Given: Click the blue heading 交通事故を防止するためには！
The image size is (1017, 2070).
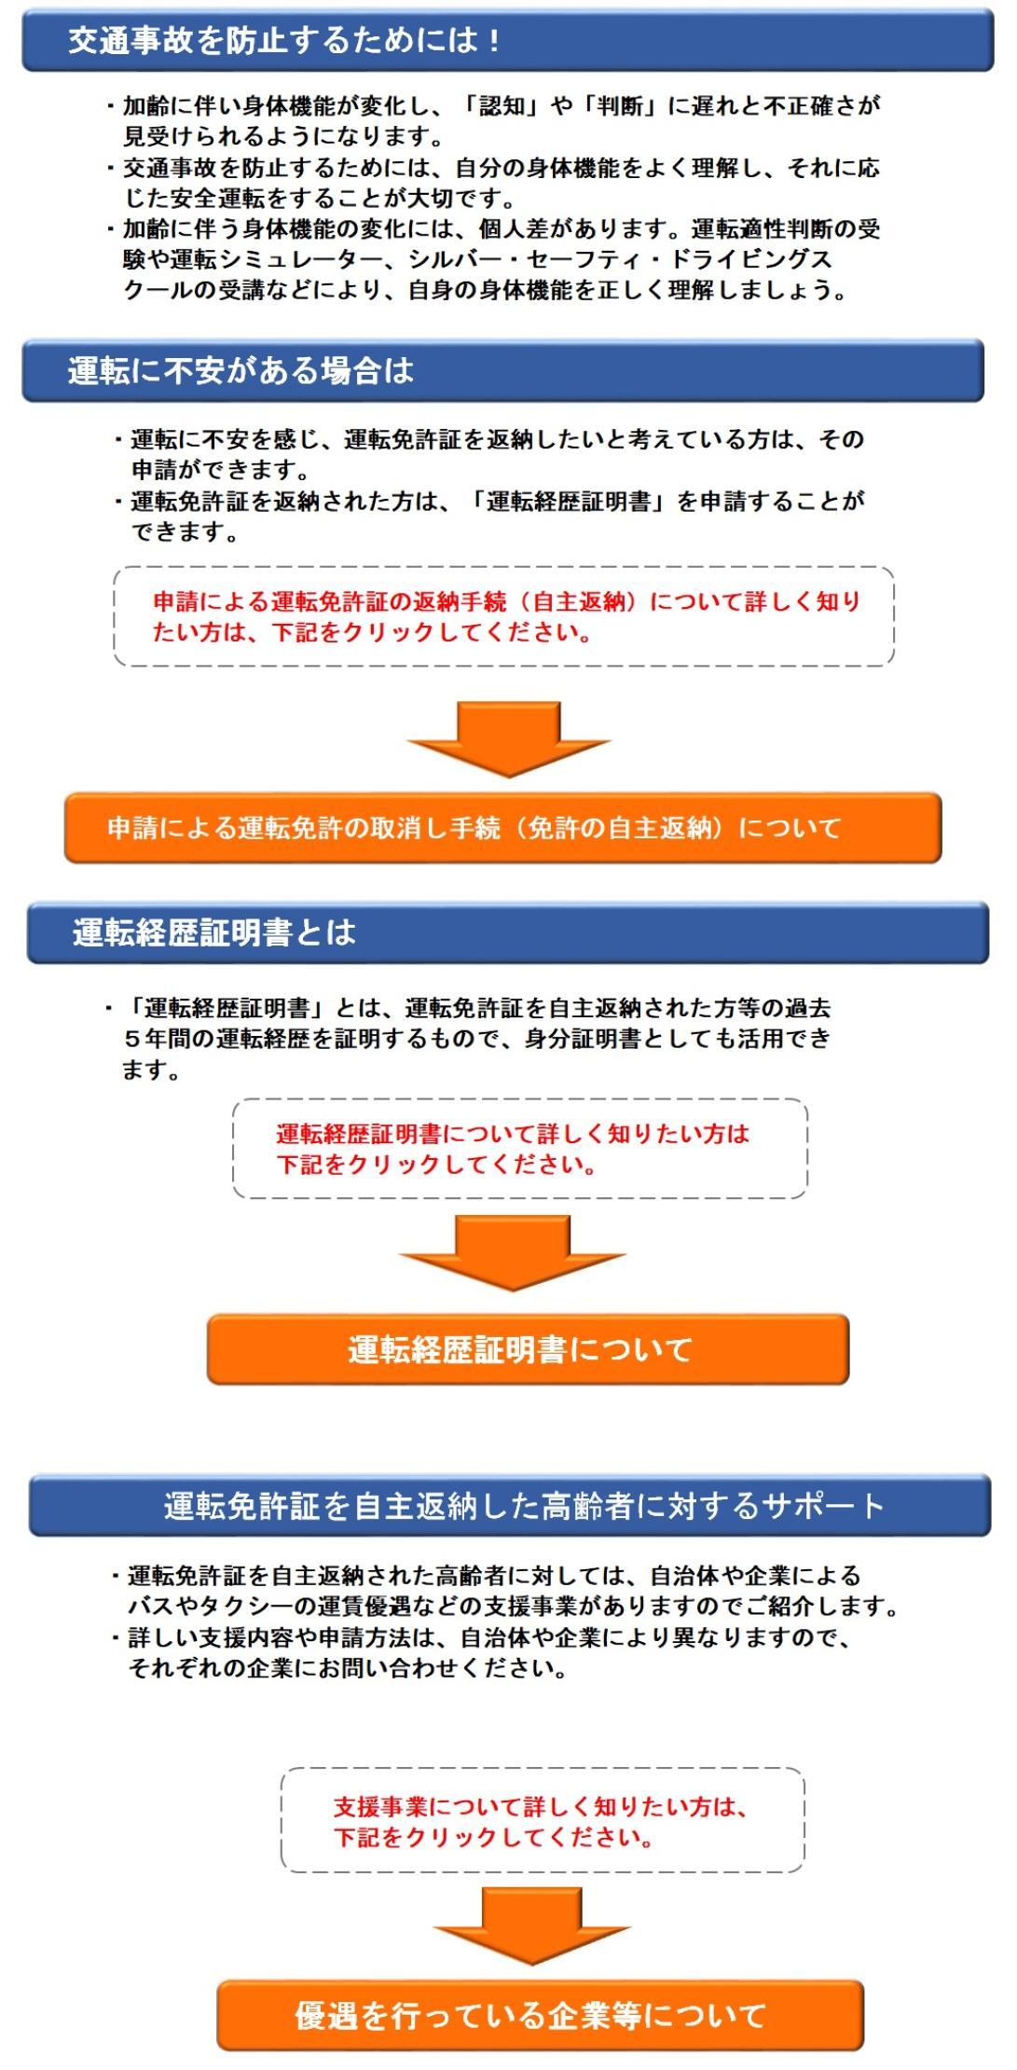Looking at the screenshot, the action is point(507,40).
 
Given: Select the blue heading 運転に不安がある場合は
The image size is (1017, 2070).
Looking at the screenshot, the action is point(502,370).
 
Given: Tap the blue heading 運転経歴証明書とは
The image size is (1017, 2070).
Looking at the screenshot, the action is point(507,931).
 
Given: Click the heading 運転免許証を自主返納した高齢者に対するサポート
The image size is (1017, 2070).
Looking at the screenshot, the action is point(509,1505).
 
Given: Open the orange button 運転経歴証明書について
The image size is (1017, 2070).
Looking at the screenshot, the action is point(528,1349).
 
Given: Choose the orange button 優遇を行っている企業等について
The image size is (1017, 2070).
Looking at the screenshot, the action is point(540,2015).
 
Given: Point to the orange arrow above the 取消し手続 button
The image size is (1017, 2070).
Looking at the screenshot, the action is point(509,738).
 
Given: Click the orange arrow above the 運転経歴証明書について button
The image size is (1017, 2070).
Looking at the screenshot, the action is point(512,1252).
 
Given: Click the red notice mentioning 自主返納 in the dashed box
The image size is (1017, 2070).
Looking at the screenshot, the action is point(506,616).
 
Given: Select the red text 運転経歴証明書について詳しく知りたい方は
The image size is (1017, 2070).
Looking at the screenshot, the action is point(513,1133).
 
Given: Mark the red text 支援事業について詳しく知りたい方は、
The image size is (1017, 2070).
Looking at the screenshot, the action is point(542,1806).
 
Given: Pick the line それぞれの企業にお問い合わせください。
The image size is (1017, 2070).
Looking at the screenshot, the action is point(348,1667).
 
